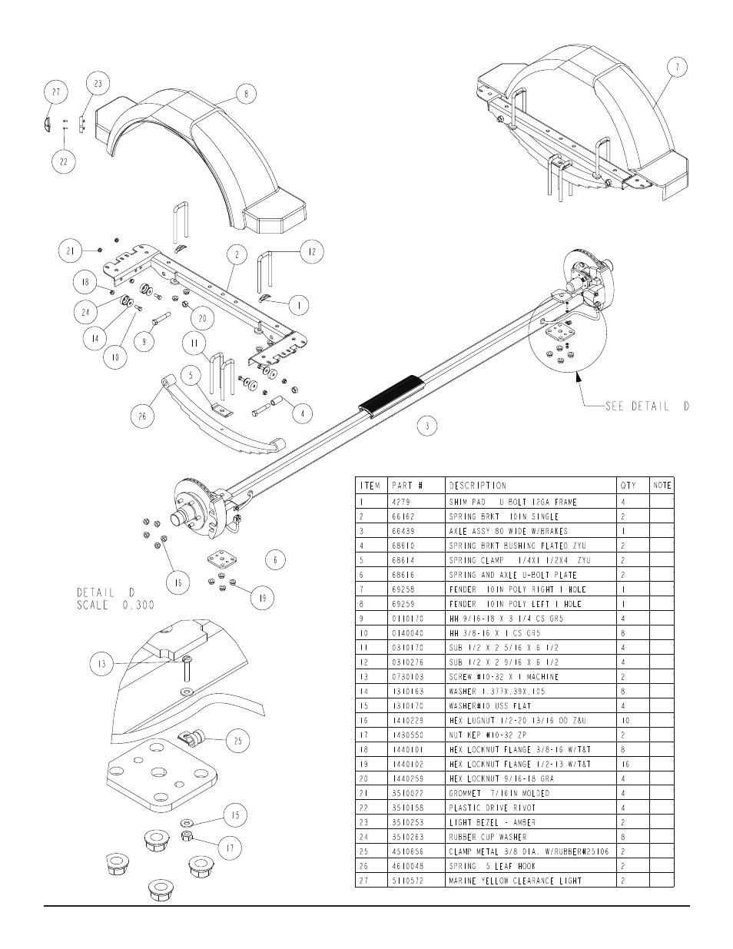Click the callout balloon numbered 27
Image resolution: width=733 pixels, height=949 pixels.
(x=56, y=92)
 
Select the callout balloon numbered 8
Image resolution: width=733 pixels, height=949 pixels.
(x=246, y=94)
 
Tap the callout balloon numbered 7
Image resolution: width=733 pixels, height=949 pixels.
(x=677, y=68)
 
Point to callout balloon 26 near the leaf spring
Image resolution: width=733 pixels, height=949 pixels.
(x=142, y=416)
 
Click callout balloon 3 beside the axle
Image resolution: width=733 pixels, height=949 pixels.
(x=427, y=426)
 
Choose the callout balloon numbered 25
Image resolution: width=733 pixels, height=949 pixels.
(x=238, y=741)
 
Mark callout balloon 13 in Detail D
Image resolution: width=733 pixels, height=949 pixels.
(x=101, y=664)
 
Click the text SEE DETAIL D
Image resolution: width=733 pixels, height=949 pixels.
(x=647, y=406)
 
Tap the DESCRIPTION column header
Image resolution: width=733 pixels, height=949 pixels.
(x=478, y=486)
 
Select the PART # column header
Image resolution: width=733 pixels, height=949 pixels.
(x=407, y=486)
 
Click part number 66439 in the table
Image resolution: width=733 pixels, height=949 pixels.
(x=403, y=531)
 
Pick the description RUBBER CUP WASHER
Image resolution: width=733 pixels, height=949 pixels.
(x=488, y=837)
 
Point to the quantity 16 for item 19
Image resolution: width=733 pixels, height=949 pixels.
(x=625, y=765)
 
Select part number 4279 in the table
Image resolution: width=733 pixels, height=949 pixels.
(x=401, y=503)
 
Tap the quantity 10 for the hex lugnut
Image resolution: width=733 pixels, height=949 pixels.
(x=625, y=720)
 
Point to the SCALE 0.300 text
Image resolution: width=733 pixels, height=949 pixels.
(x=116, y=606)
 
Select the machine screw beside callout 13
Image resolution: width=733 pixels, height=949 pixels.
(x=187, y=669)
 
